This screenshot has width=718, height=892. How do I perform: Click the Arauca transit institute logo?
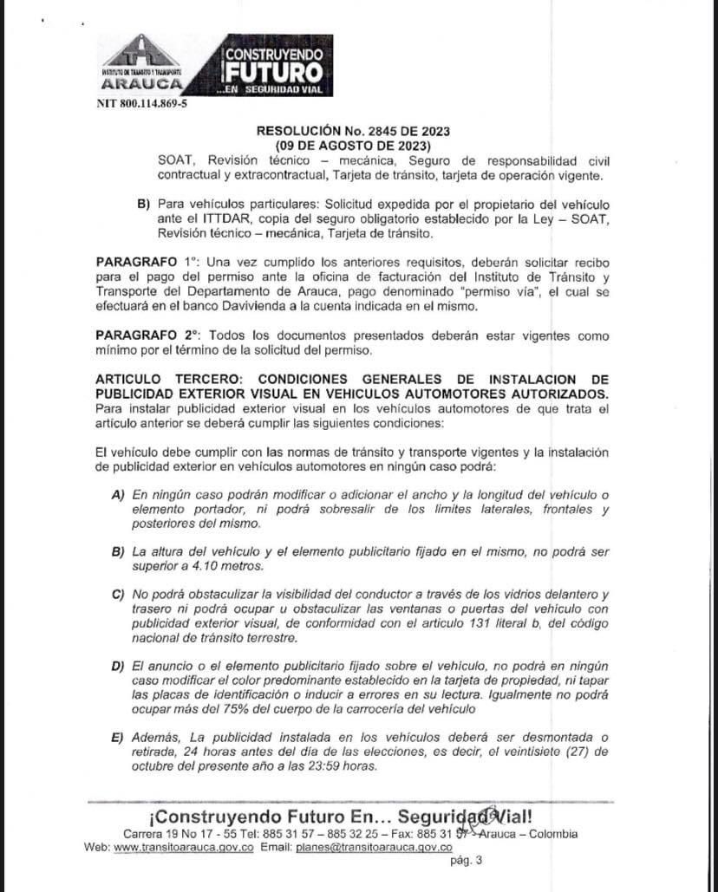(x=141, y=63)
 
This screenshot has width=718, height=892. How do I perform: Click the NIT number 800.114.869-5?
(x=141, y=103)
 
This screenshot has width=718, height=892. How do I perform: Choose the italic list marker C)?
(x=119, y=594)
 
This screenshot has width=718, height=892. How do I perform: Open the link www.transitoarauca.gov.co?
(x=184, y=847)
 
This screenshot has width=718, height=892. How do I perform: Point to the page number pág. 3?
(x=467, y=861)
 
